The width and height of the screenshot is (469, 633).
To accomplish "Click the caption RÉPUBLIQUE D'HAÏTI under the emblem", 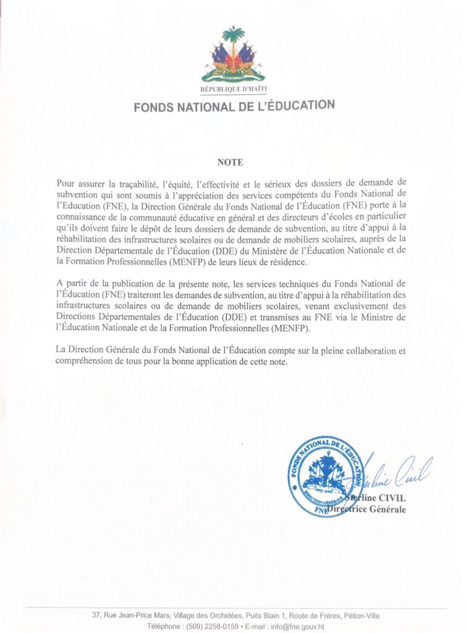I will click(234, 90).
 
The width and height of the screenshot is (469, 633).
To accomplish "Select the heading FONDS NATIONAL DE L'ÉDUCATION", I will click(234, 106).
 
